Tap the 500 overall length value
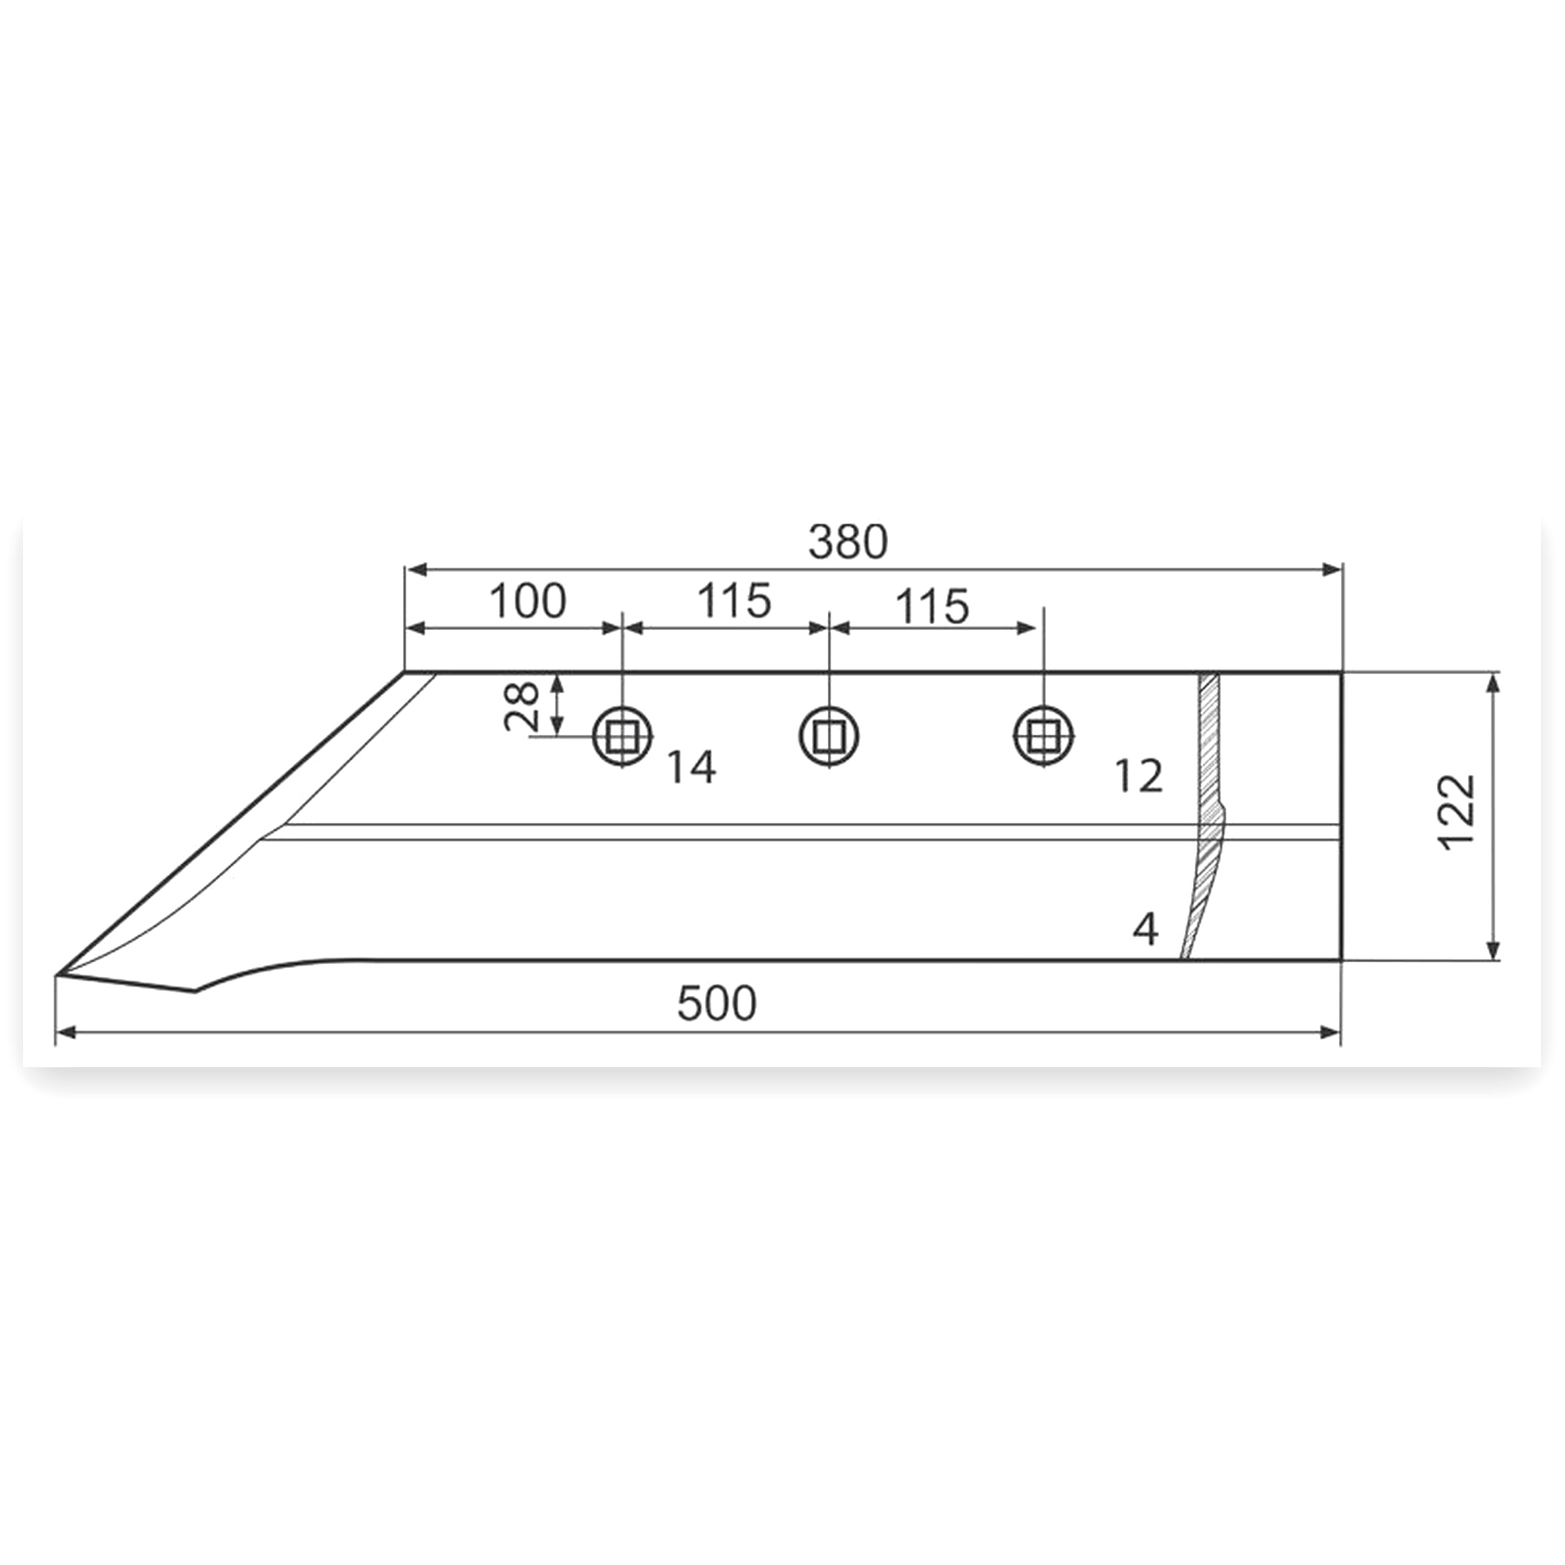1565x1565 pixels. point(717,1004)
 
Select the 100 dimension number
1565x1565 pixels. point(528,601)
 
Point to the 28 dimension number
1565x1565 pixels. point(521,705)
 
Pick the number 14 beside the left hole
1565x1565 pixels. point(691,767)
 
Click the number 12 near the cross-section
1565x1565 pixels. point(1139,776)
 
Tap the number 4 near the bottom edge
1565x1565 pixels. point(1146,929)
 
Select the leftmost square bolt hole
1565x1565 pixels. point(622,735)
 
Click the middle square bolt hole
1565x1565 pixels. point(829,735)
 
